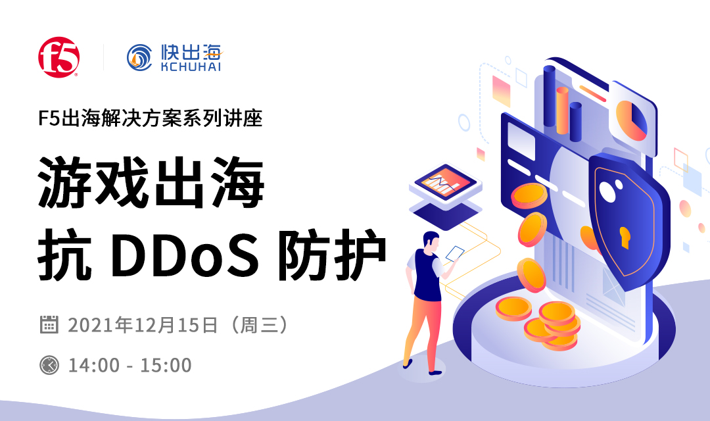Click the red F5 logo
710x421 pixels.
59,57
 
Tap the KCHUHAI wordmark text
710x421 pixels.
191,66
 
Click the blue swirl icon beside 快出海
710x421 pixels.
139,57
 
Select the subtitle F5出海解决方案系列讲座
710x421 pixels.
151,118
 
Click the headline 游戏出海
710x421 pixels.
151,182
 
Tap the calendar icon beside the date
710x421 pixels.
49,324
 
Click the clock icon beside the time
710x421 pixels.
49,365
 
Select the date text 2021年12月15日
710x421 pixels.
143,325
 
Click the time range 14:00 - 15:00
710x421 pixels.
130,365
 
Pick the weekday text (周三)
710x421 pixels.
259,325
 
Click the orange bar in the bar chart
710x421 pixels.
562,110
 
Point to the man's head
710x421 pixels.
431,241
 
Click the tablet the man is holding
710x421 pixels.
455,254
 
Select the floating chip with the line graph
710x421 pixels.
445,184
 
